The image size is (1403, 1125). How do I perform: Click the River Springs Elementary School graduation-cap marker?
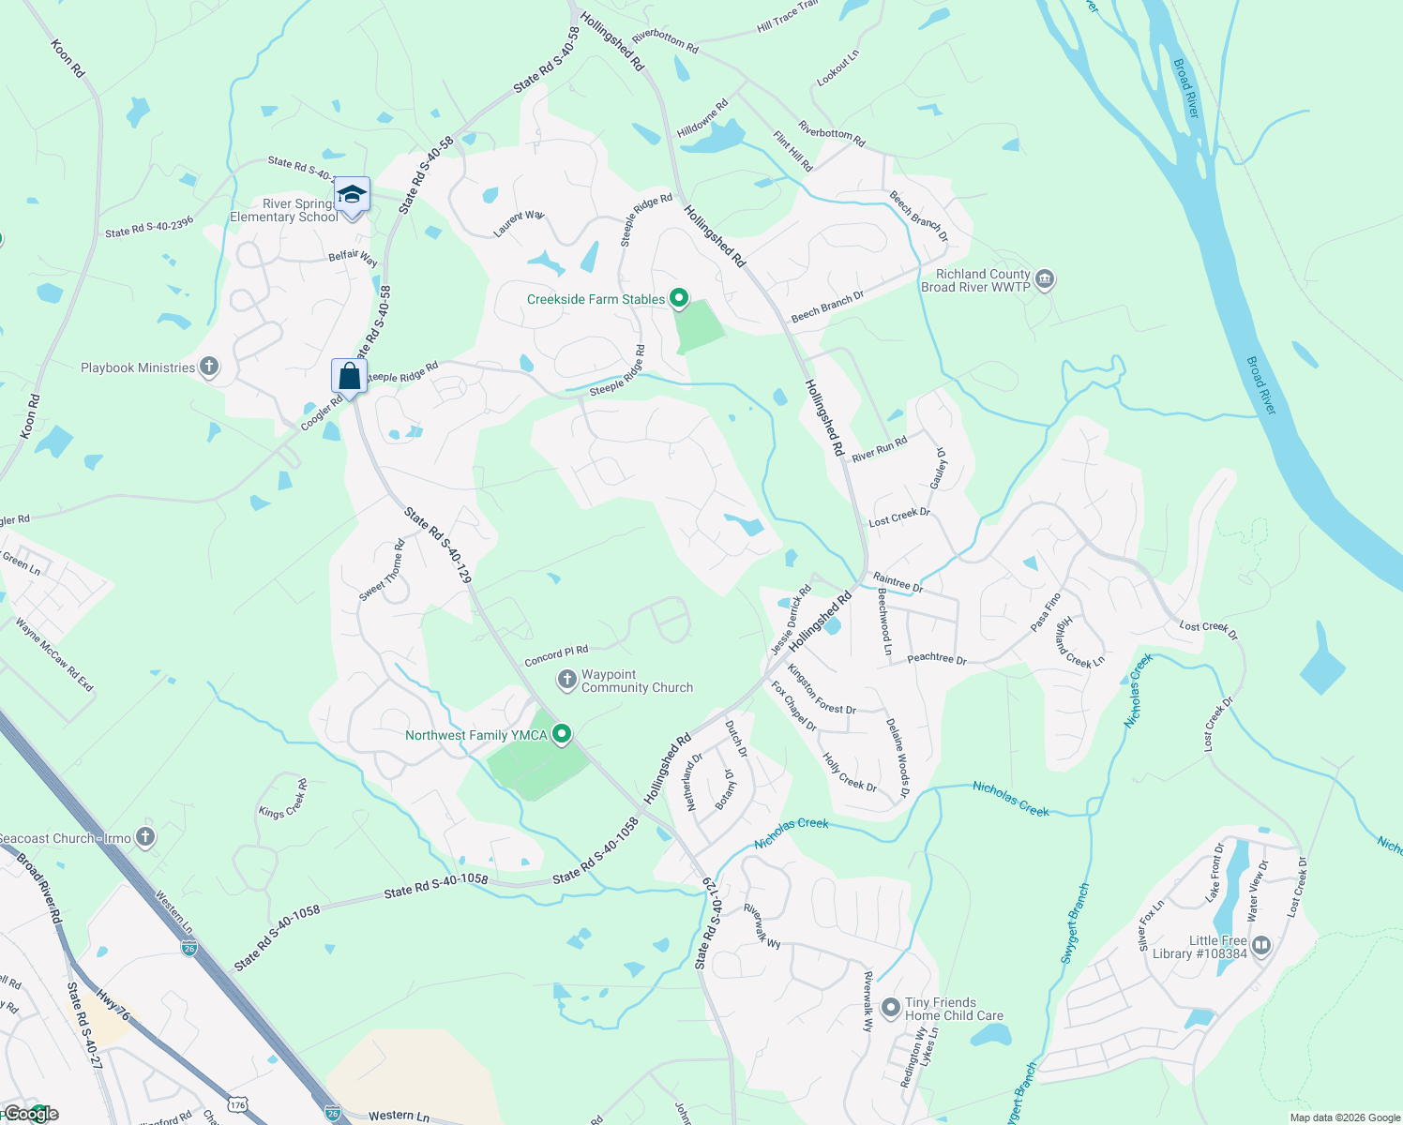pos(352,195)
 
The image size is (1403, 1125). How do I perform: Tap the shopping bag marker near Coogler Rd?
pos(349,377)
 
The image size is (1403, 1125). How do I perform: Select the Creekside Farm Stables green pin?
pos(679,299)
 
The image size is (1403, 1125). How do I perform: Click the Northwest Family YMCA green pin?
pos(562,734)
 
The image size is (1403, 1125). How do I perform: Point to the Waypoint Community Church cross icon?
pos(566,680)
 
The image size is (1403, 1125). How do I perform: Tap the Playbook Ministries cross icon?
pos(209,367)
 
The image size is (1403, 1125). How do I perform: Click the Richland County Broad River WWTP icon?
pos(1045,279)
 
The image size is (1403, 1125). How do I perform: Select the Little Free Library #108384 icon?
pos(1261,945)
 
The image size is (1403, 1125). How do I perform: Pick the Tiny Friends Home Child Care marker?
pos(891,1008)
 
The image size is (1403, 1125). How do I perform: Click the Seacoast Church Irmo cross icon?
pos(144,837)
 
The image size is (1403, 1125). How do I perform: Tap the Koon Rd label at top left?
pos(68,58)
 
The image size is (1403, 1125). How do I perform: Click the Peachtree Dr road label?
pos(936,658)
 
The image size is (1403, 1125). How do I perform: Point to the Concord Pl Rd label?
pos(556,655)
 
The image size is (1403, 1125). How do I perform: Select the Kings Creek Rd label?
pos(283,799)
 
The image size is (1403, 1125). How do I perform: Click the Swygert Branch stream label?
pos(1075,923)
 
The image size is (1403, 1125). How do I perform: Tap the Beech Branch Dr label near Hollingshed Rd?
pos(827,307)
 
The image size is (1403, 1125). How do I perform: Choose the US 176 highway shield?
pos(237,1105)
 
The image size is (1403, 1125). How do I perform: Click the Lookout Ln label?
pos(837,69)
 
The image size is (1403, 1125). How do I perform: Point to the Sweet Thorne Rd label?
pos(383,571)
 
